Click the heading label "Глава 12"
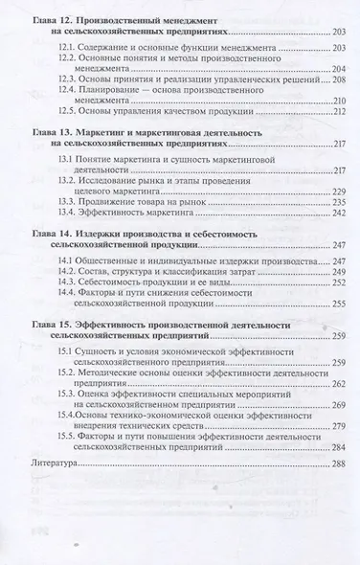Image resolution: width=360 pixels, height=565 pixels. pos(52,18)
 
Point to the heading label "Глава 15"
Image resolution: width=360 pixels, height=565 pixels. pos(52,327)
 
